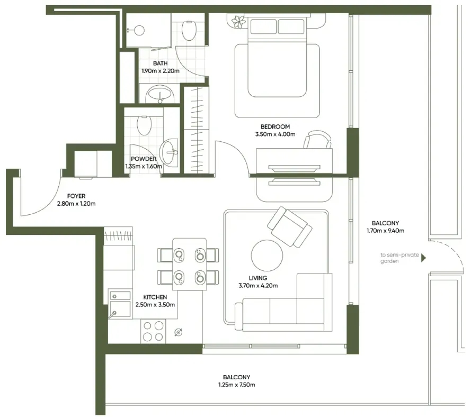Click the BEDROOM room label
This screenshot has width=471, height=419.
275,126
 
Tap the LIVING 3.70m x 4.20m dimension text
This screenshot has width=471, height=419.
258,286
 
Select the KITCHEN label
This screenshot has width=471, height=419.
155,297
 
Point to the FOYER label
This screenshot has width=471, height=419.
76,196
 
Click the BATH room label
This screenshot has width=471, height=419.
161,63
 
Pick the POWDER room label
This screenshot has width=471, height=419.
144,159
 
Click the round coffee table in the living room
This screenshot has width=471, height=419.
266,256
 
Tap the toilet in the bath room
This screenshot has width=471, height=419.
189,31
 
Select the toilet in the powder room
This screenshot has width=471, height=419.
144,125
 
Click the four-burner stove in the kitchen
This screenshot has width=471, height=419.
153,331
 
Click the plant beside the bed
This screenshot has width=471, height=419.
239,22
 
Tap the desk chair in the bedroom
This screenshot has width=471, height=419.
317,140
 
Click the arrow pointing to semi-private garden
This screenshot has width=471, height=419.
423,258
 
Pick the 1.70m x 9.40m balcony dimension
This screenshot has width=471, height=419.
385,231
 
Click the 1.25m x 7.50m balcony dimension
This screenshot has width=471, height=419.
237,385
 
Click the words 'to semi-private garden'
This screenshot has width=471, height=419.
399,258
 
